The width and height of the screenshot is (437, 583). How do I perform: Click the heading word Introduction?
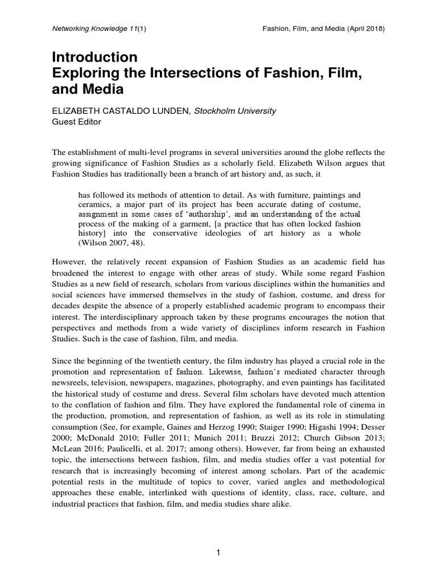(95, 58)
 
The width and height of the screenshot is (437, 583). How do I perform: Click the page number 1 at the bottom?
(218, 552)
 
